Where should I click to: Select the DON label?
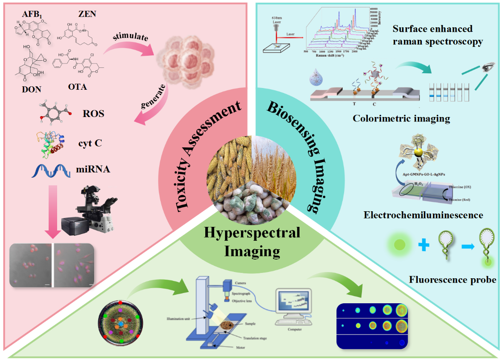pos(31,89)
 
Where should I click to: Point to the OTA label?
pos(78,87)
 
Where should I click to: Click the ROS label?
pos(93,113)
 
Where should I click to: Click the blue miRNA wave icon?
pos(49,171)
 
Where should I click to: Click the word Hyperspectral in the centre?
pos(252,233)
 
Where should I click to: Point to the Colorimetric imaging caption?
pos(401,118)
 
